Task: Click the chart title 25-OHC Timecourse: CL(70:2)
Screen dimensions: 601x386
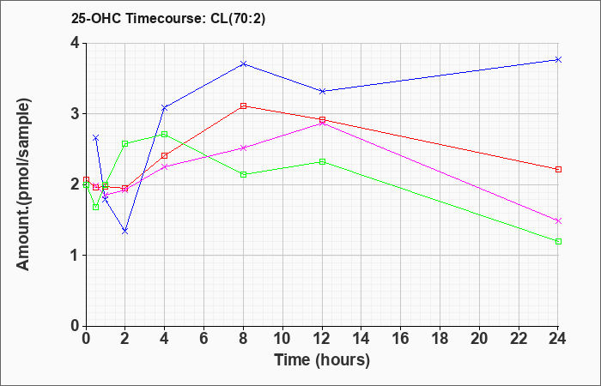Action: pyautogui.click(x=168, y=19)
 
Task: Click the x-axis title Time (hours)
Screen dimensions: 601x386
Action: pyautogui.click(x=322, y=360)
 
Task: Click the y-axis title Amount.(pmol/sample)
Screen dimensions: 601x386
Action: pyautogui.click(x=24, y=184)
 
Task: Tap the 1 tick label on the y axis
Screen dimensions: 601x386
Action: pyautogui.click(x=75, y=256)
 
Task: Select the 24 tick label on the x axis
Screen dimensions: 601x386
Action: pyautogui.click(x=558, y=339)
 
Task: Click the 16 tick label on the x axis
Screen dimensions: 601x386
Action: pyautogui.click(x=401, y=339)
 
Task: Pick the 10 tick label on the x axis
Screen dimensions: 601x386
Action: pyautogui.click(x=282, y=339)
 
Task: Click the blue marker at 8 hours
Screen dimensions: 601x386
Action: pyautogui.click(x=243, y=63)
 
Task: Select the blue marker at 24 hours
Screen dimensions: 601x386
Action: pyautogui.click(x=558, y=59)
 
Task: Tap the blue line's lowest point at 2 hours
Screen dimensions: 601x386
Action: pyautogui.click(x=125, y=232)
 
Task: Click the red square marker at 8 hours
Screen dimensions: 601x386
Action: pyautogui.click(x=243, y=106)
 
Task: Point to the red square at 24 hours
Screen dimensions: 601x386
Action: pyautogui.click(x=558, y=169)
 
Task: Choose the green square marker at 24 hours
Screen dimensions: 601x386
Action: pyautogui.click(x=558, y=241)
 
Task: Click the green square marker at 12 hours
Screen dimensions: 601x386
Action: pyautogui.click(x=322, y=161)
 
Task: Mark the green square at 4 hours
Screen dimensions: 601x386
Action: pyautogui.click(x=165, y=134)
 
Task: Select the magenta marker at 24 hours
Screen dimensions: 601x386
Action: pyautogui.click(x=558, y=221)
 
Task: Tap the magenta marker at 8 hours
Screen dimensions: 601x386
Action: pyautogui.click(x=243, y=148)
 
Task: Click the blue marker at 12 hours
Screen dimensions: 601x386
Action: pyautogui.click(x=322, y=91)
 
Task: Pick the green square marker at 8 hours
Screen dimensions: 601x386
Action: pyautogui.click(x=243, y=175)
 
